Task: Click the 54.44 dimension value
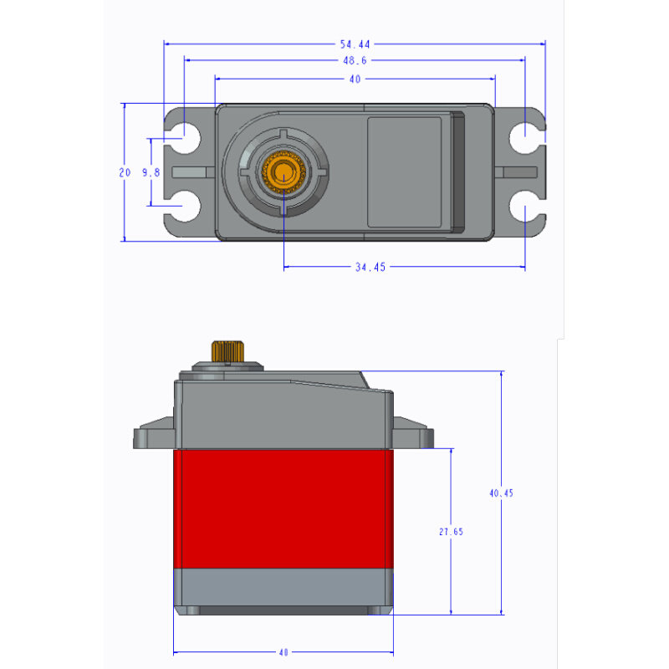[355, 44]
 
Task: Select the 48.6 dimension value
[355, 60]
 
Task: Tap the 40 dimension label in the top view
[355, 79]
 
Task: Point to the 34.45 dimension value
[370, 267]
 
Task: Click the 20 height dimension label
[125, 172]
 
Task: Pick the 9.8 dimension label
[151, 172]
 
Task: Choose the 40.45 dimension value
[501, 493]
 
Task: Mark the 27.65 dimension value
[451, 532]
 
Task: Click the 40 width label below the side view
[283, 652]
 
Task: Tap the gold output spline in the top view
[283, 172]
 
